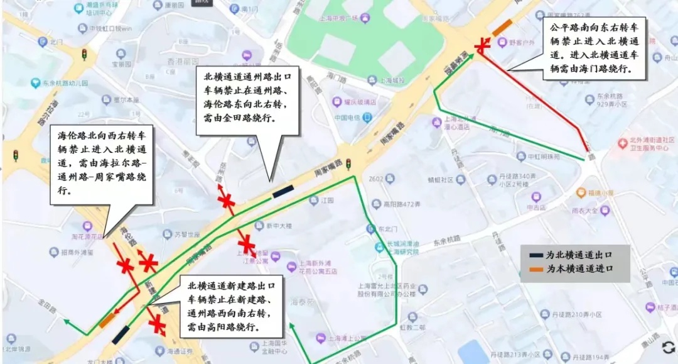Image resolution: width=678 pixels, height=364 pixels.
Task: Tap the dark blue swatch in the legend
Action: pos(535,255)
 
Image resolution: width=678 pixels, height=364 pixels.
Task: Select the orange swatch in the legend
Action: pos(535,268)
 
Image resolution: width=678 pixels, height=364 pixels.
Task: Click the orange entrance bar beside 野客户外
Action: pos(502,28)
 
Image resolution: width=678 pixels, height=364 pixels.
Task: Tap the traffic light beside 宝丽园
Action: pos(84,55)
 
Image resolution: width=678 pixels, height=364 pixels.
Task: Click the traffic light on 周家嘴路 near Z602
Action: pos(347,165)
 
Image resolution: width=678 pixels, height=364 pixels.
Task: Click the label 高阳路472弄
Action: pos(401,204)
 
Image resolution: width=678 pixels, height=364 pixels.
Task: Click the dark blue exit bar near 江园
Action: pos(282,191)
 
